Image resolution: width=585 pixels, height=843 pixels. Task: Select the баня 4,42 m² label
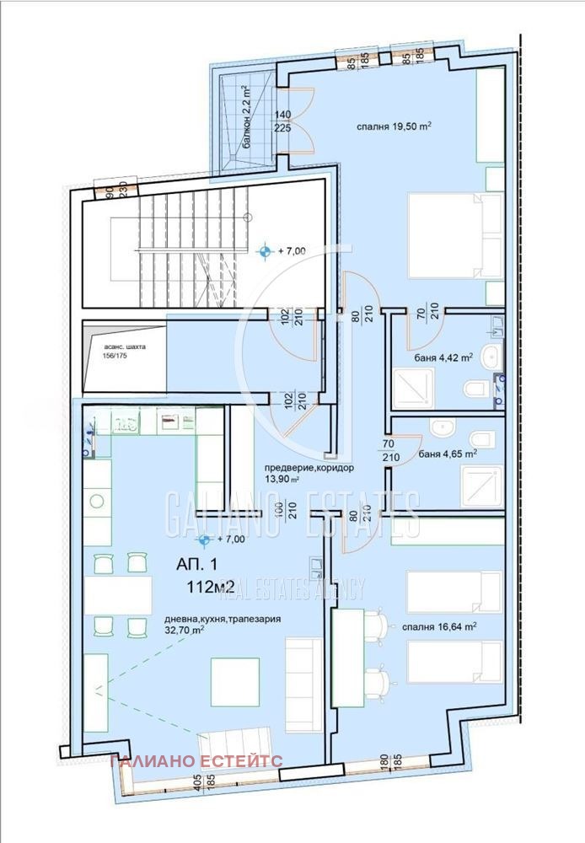click(x=443, y=358)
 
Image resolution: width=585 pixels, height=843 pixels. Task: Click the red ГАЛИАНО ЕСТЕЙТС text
click(x=196, y=760)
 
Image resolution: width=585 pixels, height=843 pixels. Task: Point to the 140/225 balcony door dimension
click(x=282, y=122)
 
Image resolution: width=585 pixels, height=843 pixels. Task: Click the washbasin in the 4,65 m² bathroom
click(x=443, y=428)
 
